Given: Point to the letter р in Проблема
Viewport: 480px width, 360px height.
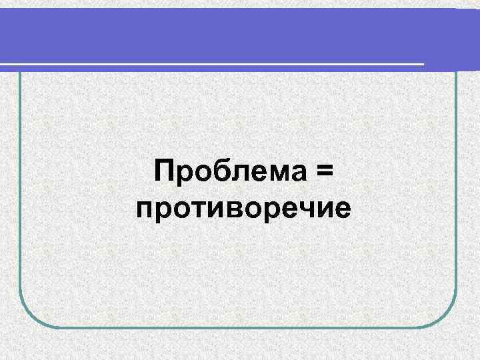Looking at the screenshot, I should [183, 175].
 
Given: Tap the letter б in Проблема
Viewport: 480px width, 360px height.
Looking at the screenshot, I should [217, 171].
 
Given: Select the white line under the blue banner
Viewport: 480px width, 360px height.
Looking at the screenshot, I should [213, 64].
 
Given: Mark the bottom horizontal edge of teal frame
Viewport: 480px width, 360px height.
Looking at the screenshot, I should [240, 327].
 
